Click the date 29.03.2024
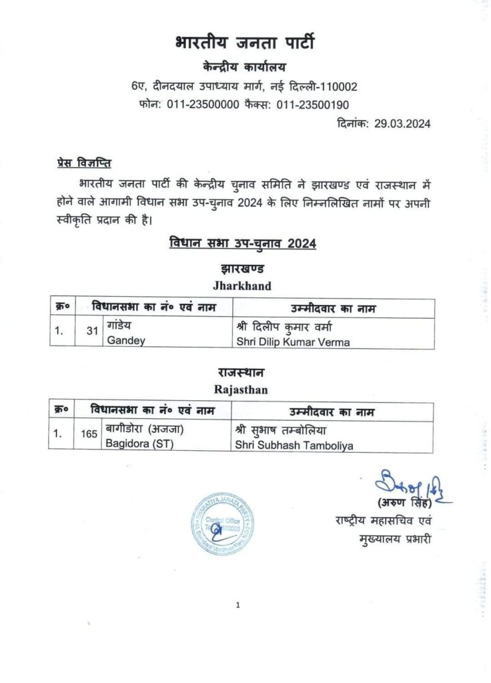click(x=402, y=123)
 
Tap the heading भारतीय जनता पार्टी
click(x=245, y=44)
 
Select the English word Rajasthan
click(x=241, y=390)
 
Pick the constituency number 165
click(x=89, y=434)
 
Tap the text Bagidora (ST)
click(x=139, y=444)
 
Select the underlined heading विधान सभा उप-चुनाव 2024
click(x=243, y=244)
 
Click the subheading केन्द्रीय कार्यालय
click(x=245, y=67)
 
